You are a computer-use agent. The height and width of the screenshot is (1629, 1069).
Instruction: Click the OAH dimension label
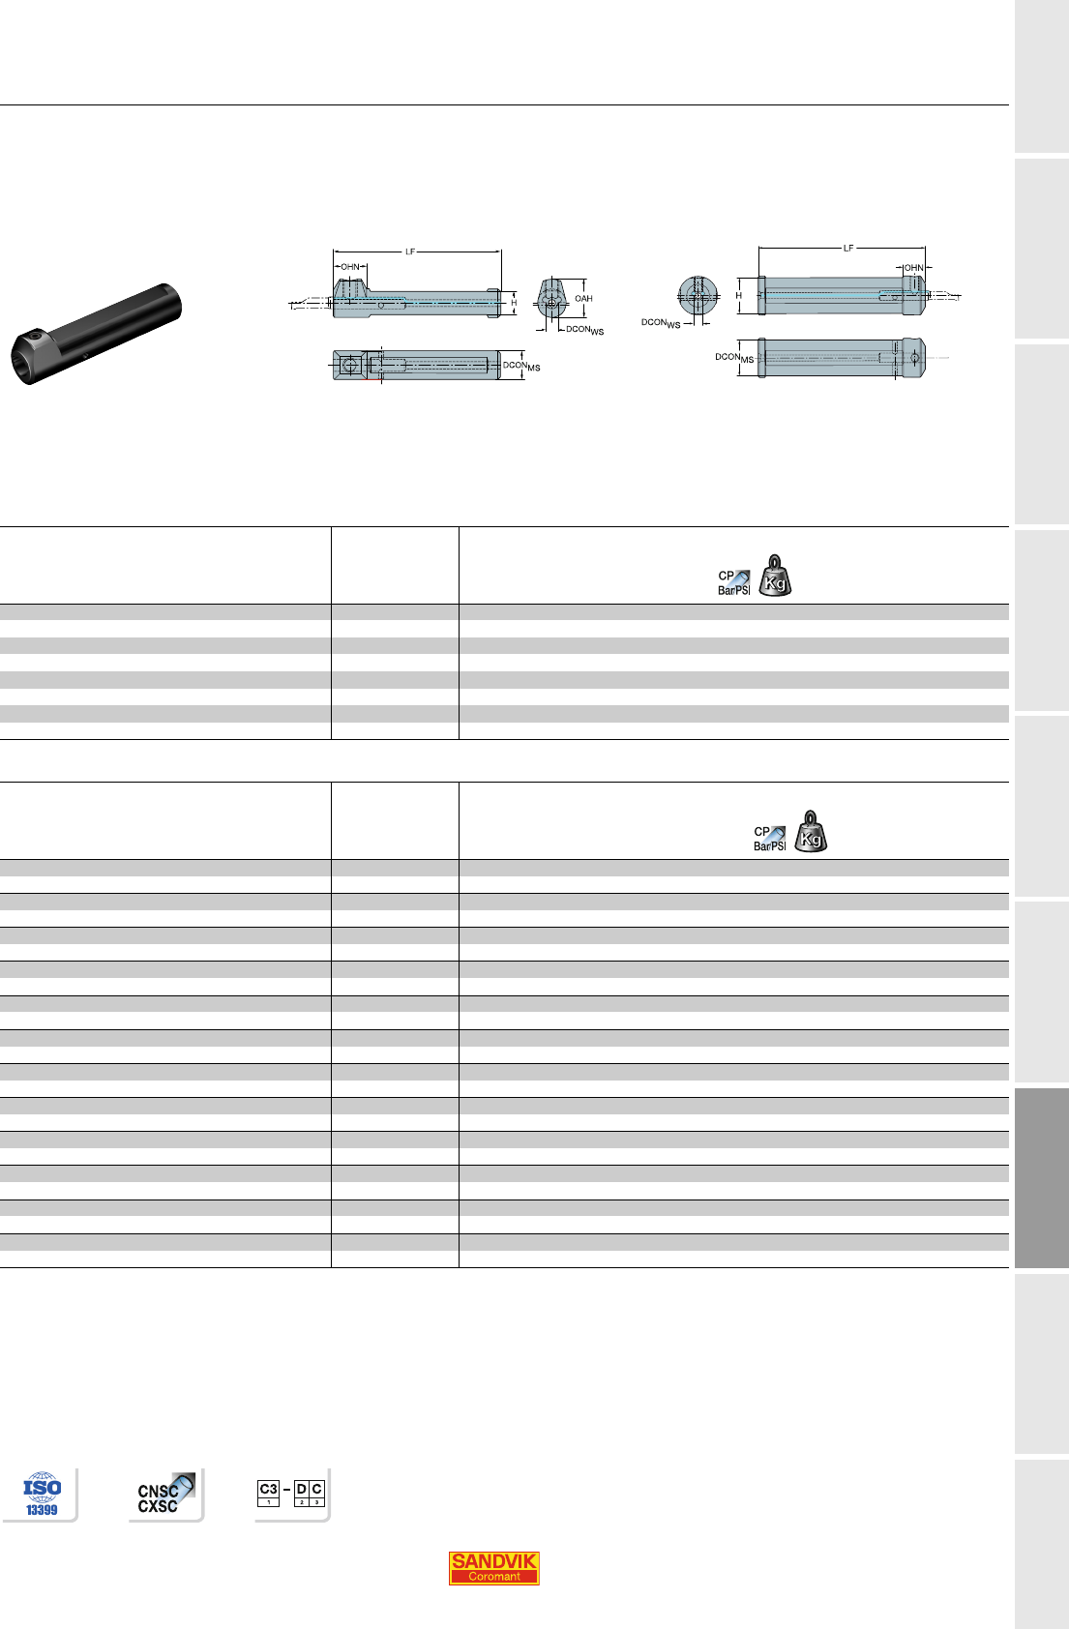pos(583,298)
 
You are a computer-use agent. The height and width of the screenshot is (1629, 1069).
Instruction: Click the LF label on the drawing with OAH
pos(410,252)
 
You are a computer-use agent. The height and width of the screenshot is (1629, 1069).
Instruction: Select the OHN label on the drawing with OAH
pos(350,267)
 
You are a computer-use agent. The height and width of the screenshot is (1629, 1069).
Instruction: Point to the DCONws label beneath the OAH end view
pos(584,330)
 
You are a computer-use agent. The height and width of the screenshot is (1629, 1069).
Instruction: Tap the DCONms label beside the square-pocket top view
pos(521,366)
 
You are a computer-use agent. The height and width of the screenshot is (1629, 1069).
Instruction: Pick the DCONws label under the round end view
pos(661,323)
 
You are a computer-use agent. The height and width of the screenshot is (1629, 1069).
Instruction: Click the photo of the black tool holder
pos(96,334)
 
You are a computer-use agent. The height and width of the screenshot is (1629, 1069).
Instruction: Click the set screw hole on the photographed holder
pos(36,336)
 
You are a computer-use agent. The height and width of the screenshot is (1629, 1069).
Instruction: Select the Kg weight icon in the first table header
pos(775,576)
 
